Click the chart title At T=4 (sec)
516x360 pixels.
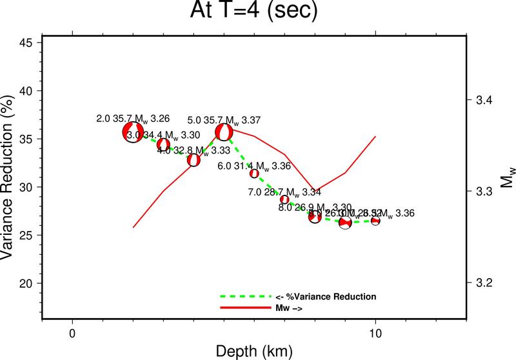tap(257, 12)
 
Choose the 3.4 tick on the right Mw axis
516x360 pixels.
tap(484, 101)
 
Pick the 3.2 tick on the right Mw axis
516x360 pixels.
tap(484, 283)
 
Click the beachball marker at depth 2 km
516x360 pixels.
tap(133, 132)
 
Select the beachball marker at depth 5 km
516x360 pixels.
tap(224, 132)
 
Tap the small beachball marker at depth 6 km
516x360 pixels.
tap(254, 173)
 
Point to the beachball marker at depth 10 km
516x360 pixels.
tap(375, 221)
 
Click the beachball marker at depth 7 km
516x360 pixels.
tap(284, 199)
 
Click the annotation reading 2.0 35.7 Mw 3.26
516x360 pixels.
tap(133, 119)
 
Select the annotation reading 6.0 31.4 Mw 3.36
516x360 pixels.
tap(253, 166)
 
